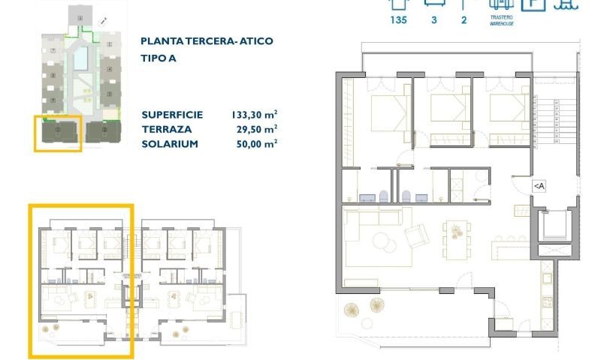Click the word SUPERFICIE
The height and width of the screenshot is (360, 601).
(x=172, y=115)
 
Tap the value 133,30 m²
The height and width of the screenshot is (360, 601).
(x=255, y=115)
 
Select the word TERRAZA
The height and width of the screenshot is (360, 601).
(x=165, y=130)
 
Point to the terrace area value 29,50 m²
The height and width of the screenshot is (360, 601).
(x=257, y=130)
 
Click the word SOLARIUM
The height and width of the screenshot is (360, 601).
(x=170, y=144)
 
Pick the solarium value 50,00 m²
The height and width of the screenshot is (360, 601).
(x=257, y=144)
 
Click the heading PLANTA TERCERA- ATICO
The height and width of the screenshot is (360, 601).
(x=207, y=41)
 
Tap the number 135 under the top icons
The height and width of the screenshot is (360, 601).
(x=399, y=20)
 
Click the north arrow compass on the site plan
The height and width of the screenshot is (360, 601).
(x=103, y=22)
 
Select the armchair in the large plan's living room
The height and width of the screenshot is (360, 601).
(x=417, y=236)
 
